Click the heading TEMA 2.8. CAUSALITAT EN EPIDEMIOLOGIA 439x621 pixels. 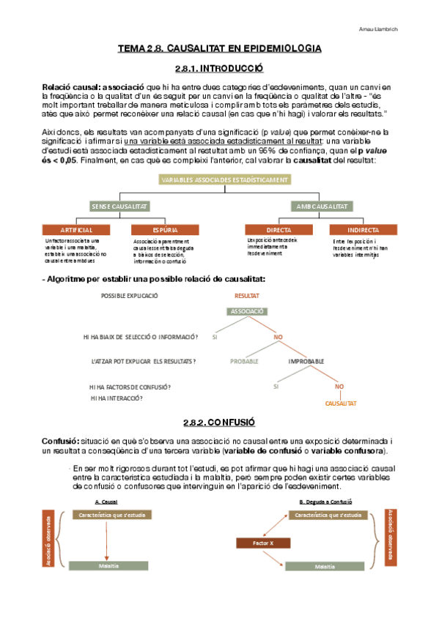219,48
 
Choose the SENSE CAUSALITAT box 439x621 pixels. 119,207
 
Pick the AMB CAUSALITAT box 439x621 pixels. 320,207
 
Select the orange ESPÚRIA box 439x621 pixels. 155,230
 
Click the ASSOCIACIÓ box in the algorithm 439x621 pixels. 248,311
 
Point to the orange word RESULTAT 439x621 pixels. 247,295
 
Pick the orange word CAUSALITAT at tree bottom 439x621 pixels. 340,404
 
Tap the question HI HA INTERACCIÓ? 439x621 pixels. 117,398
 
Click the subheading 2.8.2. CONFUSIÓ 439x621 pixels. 219,423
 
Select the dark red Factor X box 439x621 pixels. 262,543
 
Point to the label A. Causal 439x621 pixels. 107,502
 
